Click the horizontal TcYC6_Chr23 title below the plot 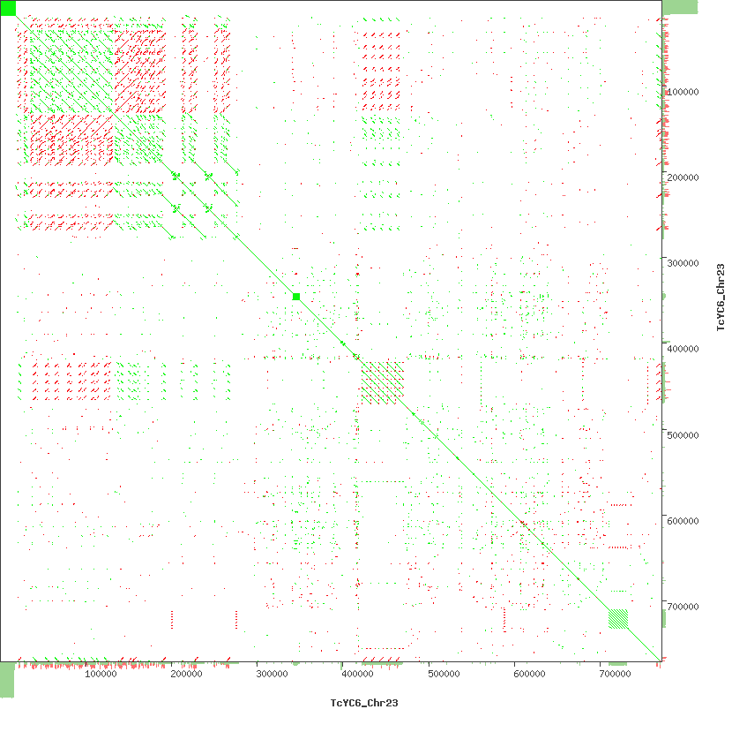pos(358,704)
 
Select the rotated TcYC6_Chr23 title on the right pos(720,298)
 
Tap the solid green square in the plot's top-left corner pos(8,8)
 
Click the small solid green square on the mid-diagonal pos(296,297)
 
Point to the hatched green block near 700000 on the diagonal pos(618,619)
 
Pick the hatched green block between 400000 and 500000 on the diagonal pos(383,382)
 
